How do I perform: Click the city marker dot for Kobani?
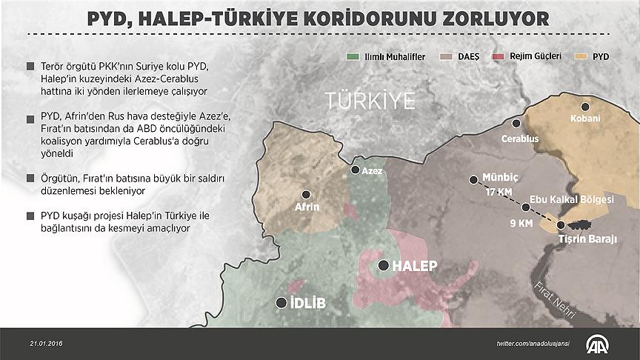click(x=584, y=107)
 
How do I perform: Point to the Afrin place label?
click(x=307, y=207)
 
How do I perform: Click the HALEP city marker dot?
click(x=383, y=265)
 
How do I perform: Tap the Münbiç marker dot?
click(x=473, y=179)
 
